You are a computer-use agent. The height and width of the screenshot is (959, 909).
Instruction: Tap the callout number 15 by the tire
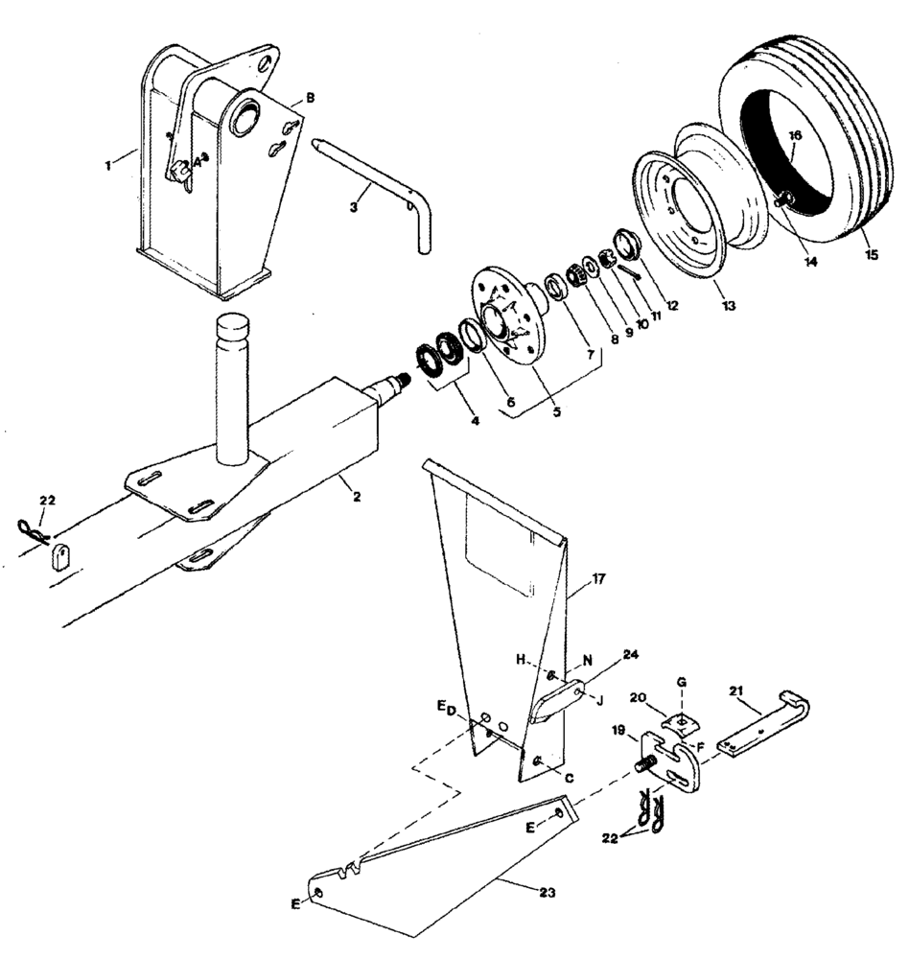pos(870,255)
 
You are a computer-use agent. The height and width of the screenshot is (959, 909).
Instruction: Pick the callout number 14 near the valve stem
pos(811,259)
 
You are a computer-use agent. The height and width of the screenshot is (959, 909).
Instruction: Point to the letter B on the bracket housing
pos(310,98)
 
